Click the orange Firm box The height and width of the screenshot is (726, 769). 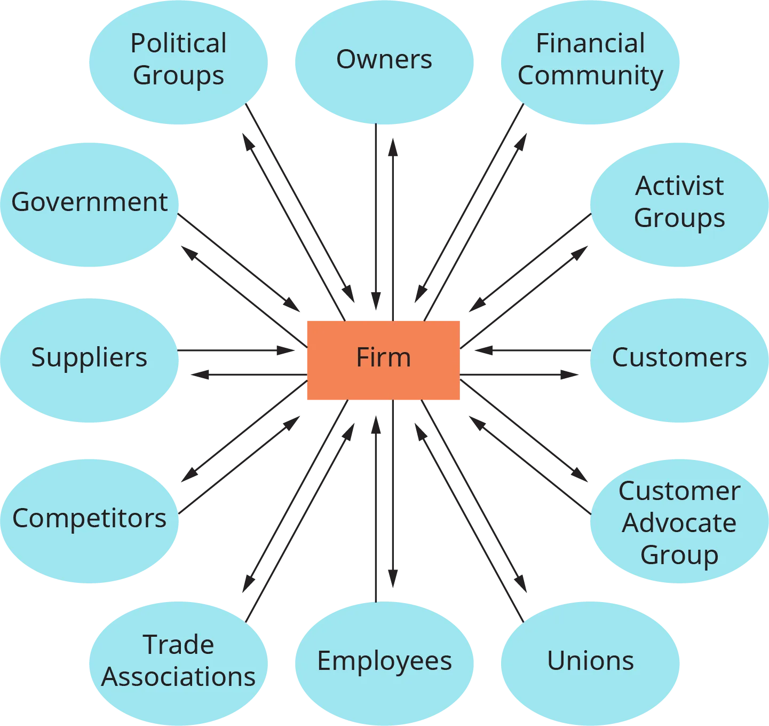pos(382,361)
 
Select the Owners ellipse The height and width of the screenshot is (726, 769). pos(384,60)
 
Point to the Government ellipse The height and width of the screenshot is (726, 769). pos(89,204)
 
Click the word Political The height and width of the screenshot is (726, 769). pos(178,44)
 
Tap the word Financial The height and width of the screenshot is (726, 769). pos(590,44)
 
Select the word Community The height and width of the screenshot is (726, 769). pos(590,76)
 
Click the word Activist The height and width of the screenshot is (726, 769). pos(679,186)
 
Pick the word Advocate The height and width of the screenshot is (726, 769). pos(679,523)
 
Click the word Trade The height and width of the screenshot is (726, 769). pos(178,645)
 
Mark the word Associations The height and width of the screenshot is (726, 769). pos(178,677)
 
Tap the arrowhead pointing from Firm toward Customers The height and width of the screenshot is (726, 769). pos(569,373)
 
